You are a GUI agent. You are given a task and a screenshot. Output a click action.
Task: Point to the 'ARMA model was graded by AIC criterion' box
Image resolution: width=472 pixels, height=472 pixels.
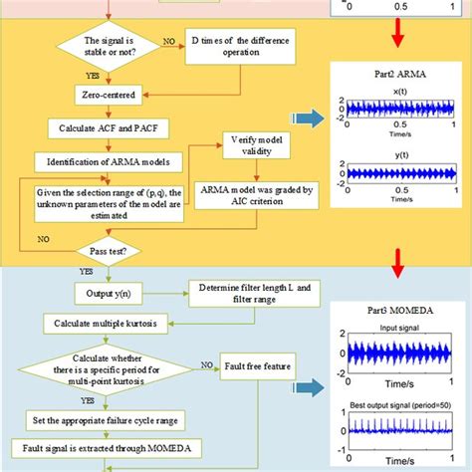[x=256, y=194]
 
